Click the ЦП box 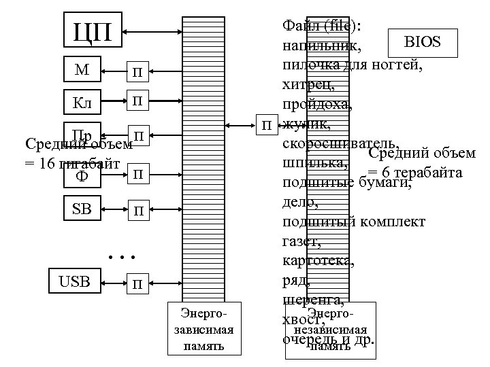tap(93, 31)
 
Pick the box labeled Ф tap(81, 175)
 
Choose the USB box tap(74, 279)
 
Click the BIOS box tap(422, 43)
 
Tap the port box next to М tap(137, 70)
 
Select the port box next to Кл tap(137, 102)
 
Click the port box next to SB tap(137, 210)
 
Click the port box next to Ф tap(137, 175)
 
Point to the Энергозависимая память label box tap(202, 330)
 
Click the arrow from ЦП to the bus tap(153, 31)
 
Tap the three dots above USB tap(123, 257)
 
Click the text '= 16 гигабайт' tap(71, 164)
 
